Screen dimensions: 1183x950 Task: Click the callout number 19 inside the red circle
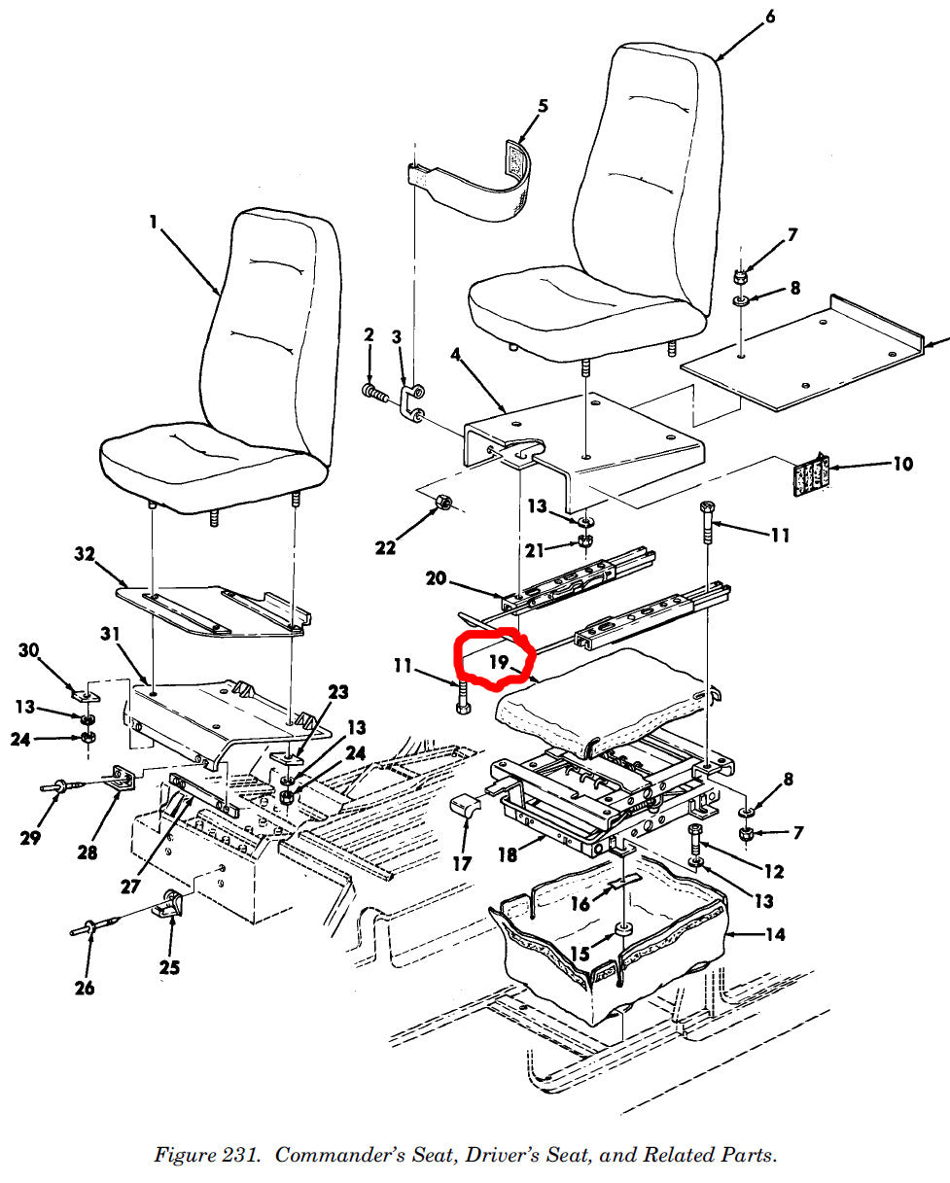[x=500, y=662]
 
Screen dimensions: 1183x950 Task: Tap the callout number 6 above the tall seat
[x=770, y=16]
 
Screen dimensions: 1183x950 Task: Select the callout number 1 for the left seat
[x=153, y=222]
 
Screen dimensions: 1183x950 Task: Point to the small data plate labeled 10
[x=810, y=474]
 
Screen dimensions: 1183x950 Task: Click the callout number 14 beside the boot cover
[x=775, y=935]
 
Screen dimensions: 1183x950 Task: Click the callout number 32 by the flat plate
[x=85, y=555]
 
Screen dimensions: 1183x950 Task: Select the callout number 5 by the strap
[x=543, y=105]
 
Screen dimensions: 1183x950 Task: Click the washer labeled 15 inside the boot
[x=623, y=930]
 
